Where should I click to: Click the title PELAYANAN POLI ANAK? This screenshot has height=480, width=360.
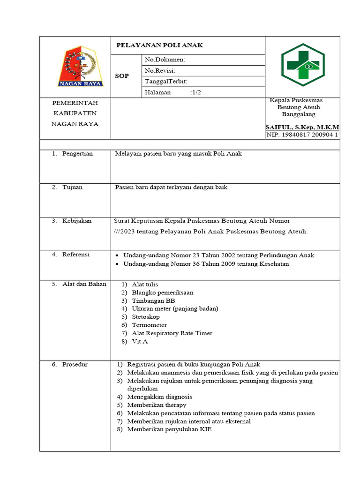159,45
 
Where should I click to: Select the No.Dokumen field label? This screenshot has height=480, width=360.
165,60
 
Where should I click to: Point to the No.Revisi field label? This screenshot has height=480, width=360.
160,71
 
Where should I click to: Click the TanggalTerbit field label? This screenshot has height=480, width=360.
166,82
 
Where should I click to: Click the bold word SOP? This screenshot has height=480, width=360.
121,76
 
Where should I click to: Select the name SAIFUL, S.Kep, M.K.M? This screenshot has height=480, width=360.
302,127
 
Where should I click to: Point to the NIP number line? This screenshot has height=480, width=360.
302,135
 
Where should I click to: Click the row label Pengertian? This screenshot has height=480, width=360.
77,154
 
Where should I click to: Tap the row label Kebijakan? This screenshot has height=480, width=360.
76,221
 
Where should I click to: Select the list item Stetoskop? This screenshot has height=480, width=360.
146,317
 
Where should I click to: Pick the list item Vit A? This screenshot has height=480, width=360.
140,342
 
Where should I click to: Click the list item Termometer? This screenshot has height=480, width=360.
149,325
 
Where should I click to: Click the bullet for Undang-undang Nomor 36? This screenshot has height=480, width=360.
117,264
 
